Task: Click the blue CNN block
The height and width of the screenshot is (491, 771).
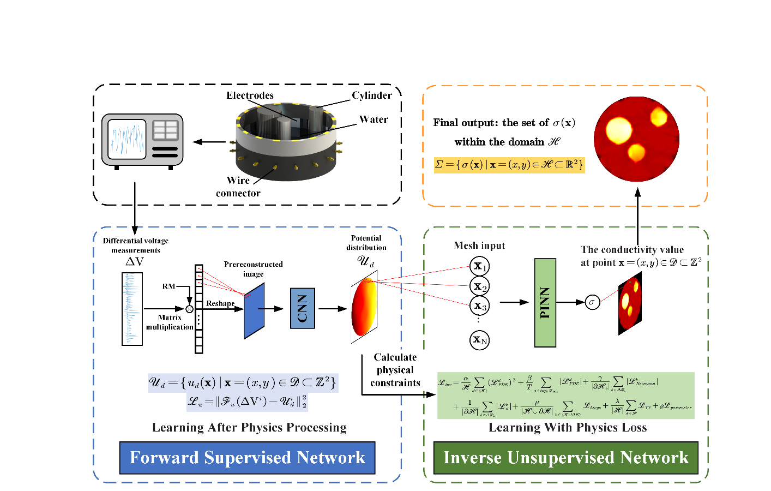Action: pyautogui.click(x=303, y=308)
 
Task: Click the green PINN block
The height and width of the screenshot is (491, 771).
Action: pyautogui.click(x=545, y=303)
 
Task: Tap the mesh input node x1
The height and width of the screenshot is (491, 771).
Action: pyautogui.click(x=479, y=266)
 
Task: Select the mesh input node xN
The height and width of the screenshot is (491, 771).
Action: pyautogui.click(x=479, y=340)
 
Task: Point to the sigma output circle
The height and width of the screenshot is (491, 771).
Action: pyautogui.click(x=592, y=302)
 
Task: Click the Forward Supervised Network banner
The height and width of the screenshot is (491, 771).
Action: pyautogui.click(x=247, y=458)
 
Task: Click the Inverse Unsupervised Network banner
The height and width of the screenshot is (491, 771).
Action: pyautogui.click(x=565, y=458)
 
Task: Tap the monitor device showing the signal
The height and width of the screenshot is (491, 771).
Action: pyautogui.click(x=142, y=140)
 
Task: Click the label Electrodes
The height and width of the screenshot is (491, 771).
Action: pyautogui.click(x=250, y=95)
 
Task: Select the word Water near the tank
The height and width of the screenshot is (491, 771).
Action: pyautogui.click(x=374, y=119)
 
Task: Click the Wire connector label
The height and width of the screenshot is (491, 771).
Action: pyautogui.click(x=238, y=187)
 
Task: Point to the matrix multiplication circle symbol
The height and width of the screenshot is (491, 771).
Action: pyautogui.click(x=189, y=309)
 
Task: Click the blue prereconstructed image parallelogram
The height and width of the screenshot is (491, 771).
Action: pyautogui.click(x=254, y=311)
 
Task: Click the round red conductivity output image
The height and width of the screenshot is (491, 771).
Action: pyautogui.click(x=636, y=139)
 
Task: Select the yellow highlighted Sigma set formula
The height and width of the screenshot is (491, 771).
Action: pyautogui.click(x=509, y=165)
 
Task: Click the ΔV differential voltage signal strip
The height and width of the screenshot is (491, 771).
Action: pyautogui.click(x=132, y=309)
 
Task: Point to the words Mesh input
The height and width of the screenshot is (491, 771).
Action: pyautogui.click(x=479, y=245)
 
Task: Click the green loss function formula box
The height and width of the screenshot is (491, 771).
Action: pyautogui.click(x=565, y=396)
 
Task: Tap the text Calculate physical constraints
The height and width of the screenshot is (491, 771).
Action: pyautogui.click(x=395, y=370)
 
